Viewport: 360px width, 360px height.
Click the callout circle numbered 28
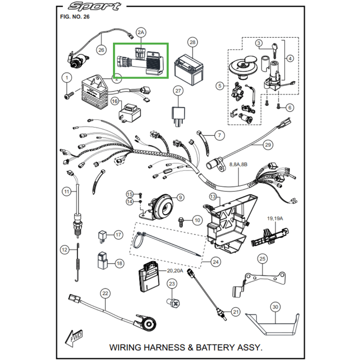coord(193,43)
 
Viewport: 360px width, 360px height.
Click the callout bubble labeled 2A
coord(141,32)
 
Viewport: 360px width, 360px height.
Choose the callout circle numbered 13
coord(212,197)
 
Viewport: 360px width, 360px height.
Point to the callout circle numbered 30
coord(275,307)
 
